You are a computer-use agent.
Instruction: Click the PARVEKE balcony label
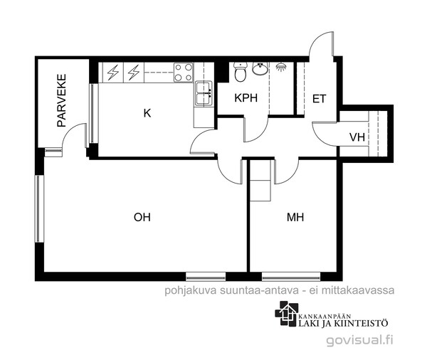(x=62, y=100)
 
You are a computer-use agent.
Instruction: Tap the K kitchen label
(x=147, y=113)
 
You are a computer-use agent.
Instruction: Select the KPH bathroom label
(x=246, y=98)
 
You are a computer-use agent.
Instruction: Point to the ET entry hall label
(x=319, y=99)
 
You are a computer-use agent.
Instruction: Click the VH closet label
(x=357, y=137)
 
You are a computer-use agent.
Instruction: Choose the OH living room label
(x=142, y=217)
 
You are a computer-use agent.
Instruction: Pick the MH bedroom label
(x=295, y=217)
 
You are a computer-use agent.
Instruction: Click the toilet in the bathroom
(x=241, y=72)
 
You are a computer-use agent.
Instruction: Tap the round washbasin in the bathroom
(x=260, y=68)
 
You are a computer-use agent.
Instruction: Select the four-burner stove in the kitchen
(x=184, y=73)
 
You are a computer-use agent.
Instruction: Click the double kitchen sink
(x=204, y=93)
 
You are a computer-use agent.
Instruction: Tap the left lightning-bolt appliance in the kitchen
(x=113, y=73)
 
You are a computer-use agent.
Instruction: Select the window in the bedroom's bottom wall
(x=291, y=276)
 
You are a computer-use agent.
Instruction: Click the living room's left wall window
(x=39, y=209)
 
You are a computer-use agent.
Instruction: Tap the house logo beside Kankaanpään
(x=287, y=314)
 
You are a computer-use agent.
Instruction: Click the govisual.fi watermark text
(x=359, y=340)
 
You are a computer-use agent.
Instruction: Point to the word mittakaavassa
(x=358, y=290)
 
